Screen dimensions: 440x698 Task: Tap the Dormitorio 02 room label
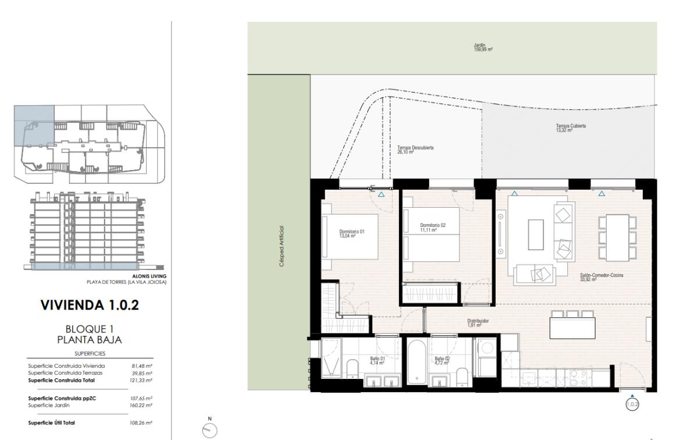[433, 228]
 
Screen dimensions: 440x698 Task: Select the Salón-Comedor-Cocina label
[601, 277]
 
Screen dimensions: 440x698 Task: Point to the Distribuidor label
[478, 322]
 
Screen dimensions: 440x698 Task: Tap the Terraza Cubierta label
[570, 128]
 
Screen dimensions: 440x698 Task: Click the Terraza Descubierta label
[415, 150]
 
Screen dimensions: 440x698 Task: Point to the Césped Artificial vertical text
[282, 246]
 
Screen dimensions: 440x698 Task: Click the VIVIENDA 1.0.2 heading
[89, 304]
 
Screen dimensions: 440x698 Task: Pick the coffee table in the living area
[536, 235]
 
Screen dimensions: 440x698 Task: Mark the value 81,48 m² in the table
[142, 366]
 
